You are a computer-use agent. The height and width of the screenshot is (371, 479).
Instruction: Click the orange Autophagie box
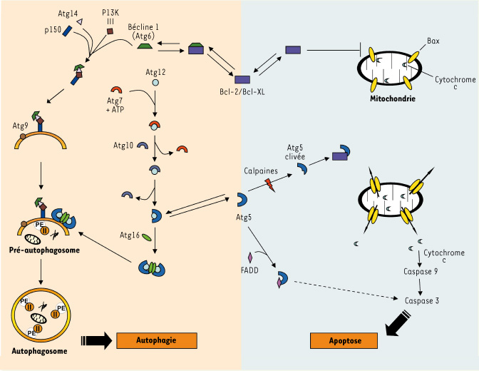[156, 340]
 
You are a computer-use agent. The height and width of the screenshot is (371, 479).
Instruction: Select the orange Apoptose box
[344, 341]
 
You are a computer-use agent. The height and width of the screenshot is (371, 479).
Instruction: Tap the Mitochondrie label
[393, 96]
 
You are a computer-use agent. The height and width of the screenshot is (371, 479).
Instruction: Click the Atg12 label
[155, 71]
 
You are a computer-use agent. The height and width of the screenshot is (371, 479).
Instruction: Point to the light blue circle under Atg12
[155, 83]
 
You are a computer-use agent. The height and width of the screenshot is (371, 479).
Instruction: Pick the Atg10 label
[123, 146]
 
